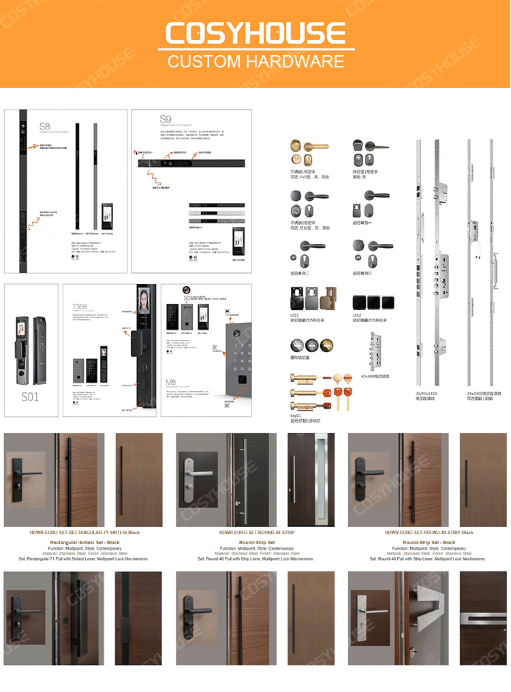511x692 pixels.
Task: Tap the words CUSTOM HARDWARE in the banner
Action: [x=255, y=61]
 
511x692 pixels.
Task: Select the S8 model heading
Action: [x=44, y=126]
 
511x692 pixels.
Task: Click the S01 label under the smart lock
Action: [x=30, y=396]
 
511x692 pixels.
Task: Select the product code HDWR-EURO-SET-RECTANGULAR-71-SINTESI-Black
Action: [x=86, y=533]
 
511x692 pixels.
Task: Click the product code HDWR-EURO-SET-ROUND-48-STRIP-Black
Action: [x=429, y=533]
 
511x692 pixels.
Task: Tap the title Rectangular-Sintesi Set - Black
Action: [x=86, y=542]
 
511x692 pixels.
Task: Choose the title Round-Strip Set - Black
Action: [x=429, y=542]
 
